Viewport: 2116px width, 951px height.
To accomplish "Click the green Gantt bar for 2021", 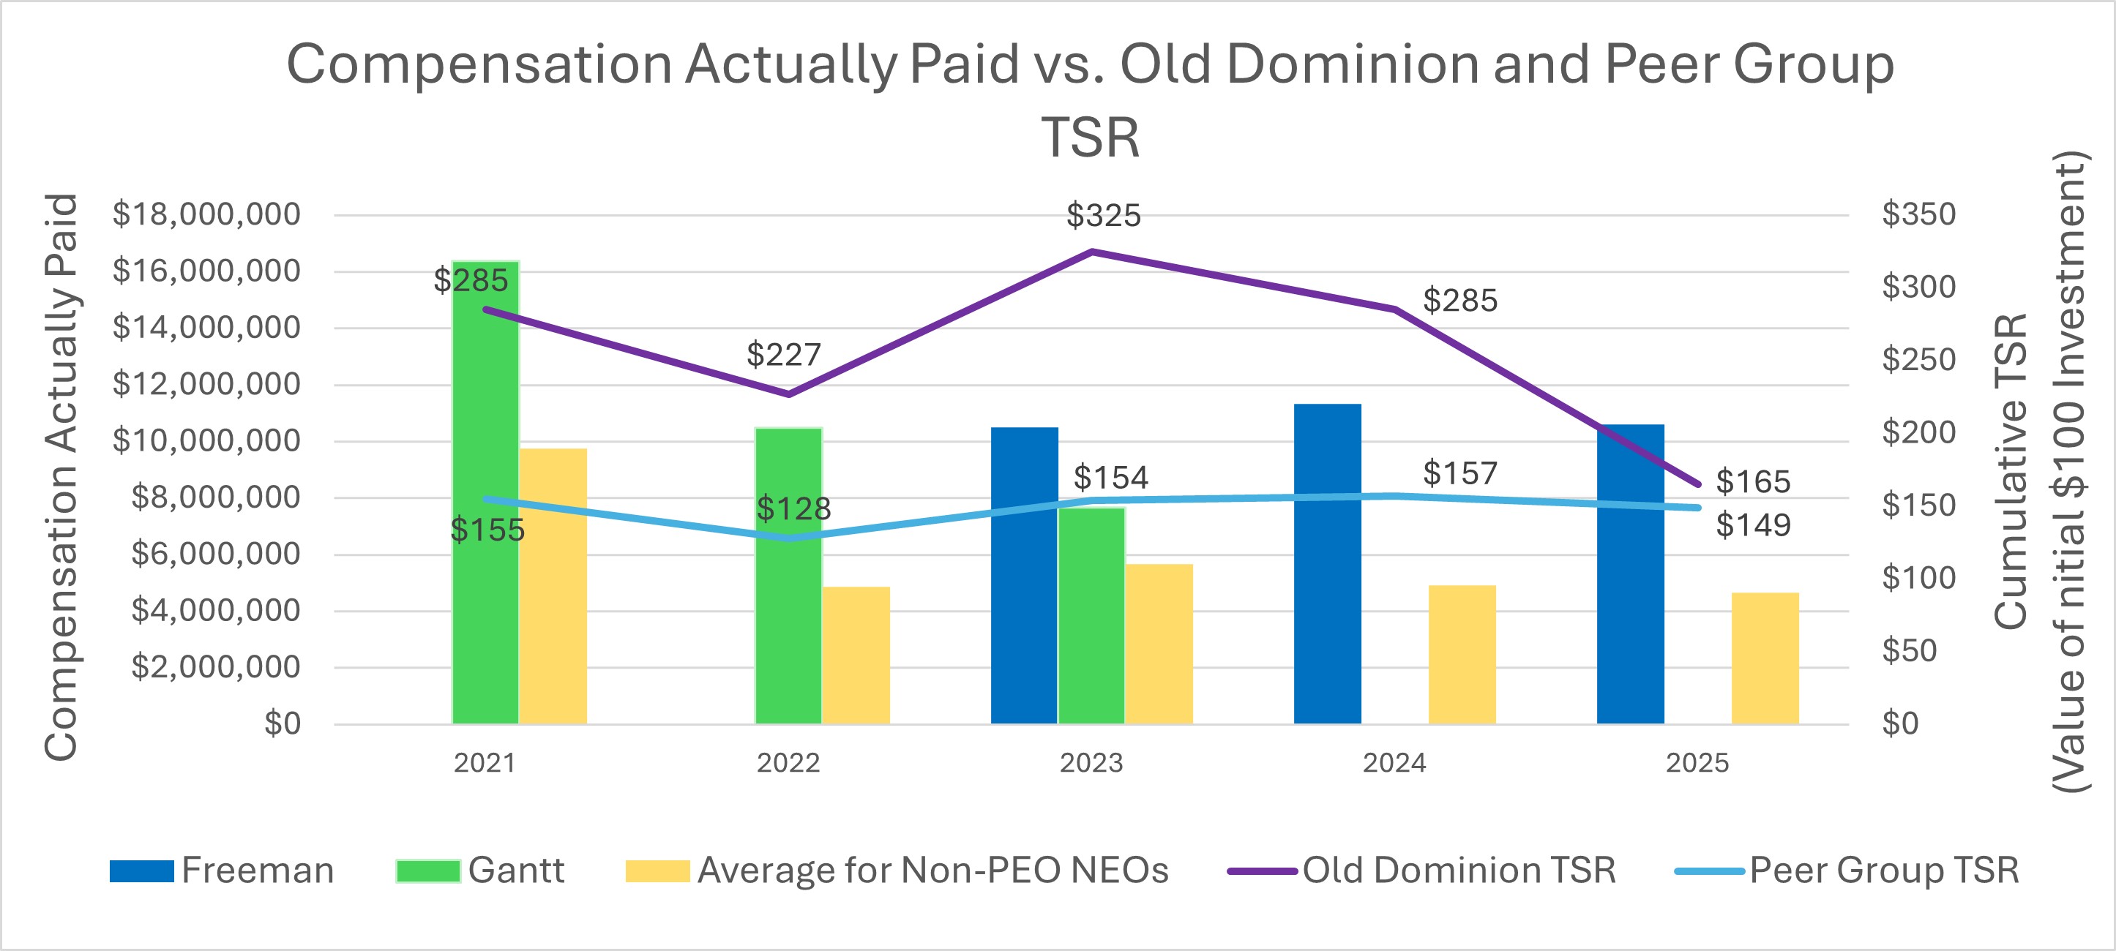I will (x=485, y=493).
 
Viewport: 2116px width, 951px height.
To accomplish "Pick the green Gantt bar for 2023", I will (x=1092, y=616).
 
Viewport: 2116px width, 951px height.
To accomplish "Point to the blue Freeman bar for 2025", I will (x=1631, y=575).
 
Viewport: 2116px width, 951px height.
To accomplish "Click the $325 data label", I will (x=1103, y=216).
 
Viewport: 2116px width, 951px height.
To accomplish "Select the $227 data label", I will (x=783, y=355).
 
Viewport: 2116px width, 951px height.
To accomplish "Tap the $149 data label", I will (x=1753, y=525).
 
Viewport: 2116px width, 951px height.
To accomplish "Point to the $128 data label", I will (x=793, y=509).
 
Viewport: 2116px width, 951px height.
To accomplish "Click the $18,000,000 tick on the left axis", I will (x=206, y=214).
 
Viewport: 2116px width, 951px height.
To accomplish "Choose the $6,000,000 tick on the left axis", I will (x=215, y=555).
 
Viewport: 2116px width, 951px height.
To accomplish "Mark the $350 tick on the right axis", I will (x=1919, y=214).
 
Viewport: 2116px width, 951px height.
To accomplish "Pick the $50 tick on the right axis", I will (x=1909, y=650).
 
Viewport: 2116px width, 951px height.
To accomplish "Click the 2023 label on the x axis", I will (x=1091, y=763).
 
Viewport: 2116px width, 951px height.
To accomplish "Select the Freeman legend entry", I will (x=222, y=871).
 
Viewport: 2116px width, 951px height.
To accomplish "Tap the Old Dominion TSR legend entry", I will (x=1422, y=871).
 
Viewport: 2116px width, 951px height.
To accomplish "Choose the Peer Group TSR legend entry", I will (x=1847, y=871).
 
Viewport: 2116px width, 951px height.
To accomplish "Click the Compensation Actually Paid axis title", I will (x=61, y=476).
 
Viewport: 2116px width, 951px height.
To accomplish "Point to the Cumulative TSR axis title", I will (x=2011, y=473).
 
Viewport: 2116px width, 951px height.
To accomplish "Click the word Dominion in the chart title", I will (x=1298, y=64).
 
